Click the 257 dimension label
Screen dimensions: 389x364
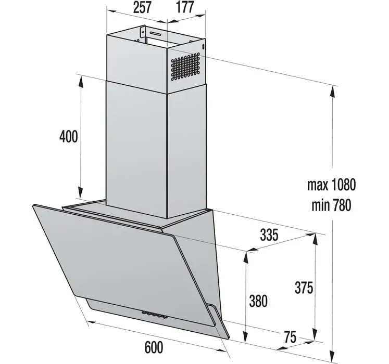[x=142, y=7]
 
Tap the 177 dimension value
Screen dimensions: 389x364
[x=185, y=7]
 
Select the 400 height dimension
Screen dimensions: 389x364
[x=68, y=136]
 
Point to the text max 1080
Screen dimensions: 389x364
[x=331, y=185]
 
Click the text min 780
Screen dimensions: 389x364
[x=331, y=205]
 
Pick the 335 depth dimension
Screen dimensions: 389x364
[x=269, y=235]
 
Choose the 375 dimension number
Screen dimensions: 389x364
[x=304, y=288]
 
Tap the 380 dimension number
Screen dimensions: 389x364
[x=258, y=301]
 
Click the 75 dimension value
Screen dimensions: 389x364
[x=290, y=337]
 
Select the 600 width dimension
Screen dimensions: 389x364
[x=154, y=347]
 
